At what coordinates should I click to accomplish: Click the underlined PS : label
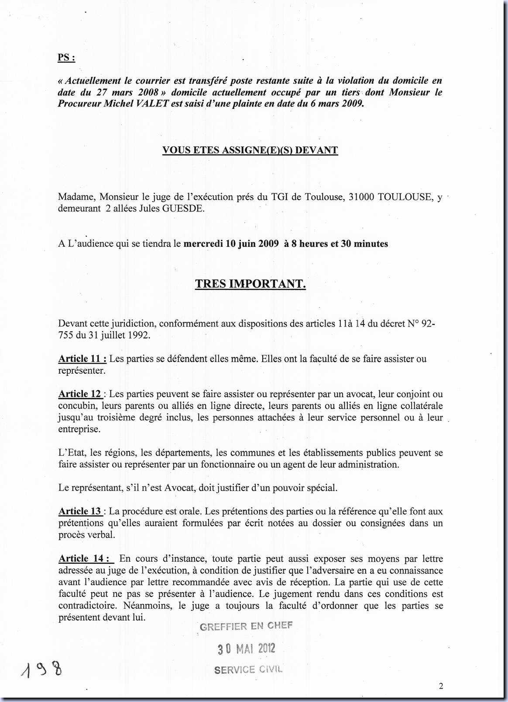pos(66,58)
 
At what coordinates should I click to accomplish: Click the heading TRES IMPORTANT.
pos(250,284)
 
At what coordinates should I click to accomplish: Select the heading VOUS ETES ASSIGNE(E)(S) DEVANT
pos(250,150)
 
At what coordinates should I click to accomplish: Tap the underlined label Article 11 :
pos(82,359)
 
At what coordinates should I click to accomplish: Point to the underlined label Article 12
pos(80,394)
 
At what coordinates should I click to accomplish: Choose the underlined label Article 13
pos(80,511)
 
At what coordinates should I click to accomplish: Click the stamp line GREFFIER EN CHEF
pos(246,626)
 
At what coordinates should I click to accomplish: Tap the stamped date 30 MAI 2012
pos(247,649)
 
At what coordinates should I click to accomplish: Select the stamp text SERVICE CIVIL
pos(248,670)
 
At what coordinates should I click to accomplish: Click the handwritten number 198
pos(41,669)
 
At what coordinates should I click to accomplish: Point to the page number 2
pos(441,686)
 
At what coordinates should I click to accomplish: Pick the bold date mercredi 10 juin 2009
pos(231,244)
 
